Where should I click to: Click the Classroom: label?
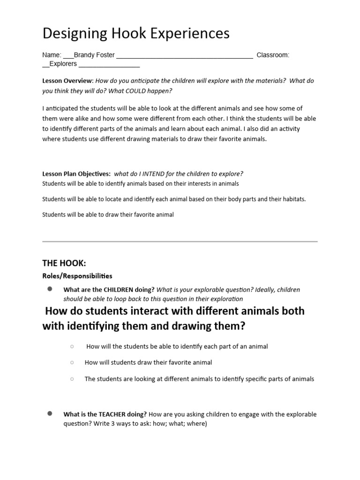[x=273, y=55]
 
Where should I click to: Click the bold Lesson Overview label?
[x=67, y=81]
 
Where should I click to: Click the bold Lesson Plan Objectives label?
[x=76, y=173]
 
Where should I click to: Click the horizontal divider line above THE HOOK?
[x=180, y=241]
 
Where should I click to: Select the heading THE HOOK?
[x=64, y=263]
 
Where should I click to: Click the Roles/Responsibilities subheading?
[x=77, y=276]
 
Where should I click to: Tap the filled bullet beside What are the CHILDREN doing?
[x=49, y=289]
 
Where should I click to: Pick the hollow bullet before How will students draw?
[x=72, y=362]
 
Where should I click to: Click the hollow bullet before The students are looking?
[x=72, y=379]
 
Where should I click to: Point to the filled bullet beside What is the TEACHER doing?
[x=49, y=414]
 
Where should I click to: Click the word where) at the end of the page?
[x=196, y=424]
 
